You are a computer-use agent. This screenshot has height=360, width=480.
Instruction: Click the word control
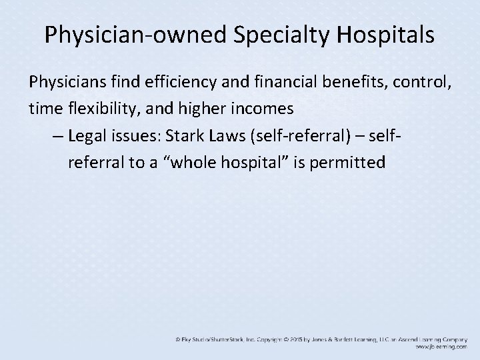(424, 82)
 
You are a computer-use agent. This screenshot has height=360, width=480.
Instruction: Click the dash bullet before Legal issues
(56, 136)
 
